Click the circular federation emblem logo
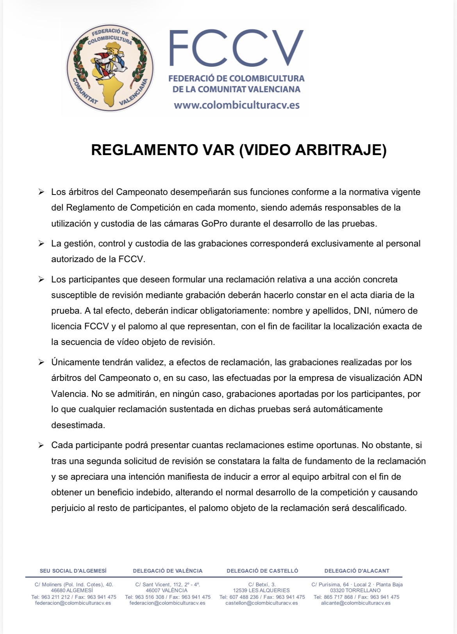(x=110, y=68)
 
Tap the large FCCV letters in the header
(x=236, y=48)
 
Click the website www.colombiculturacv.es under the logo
(x=237, y=105)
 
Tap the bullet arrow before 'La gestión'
(x=41, y=243)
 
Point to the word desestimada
(x=78, y=425)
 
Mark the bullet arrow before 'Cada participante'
(x=41, y=445)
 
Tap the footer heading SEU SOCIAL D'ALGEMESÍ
(x=73, y=571)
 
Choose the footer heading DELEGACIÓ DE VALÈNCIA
(x=168, y=571)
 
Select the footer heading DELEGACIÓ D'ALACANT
(x=357, y=571)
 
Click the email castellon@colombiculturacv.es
(x=262, y=603)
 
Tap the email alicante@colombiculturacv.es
(x=356, y=603)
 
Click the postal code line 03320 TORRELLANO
(x=355, y=590)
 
